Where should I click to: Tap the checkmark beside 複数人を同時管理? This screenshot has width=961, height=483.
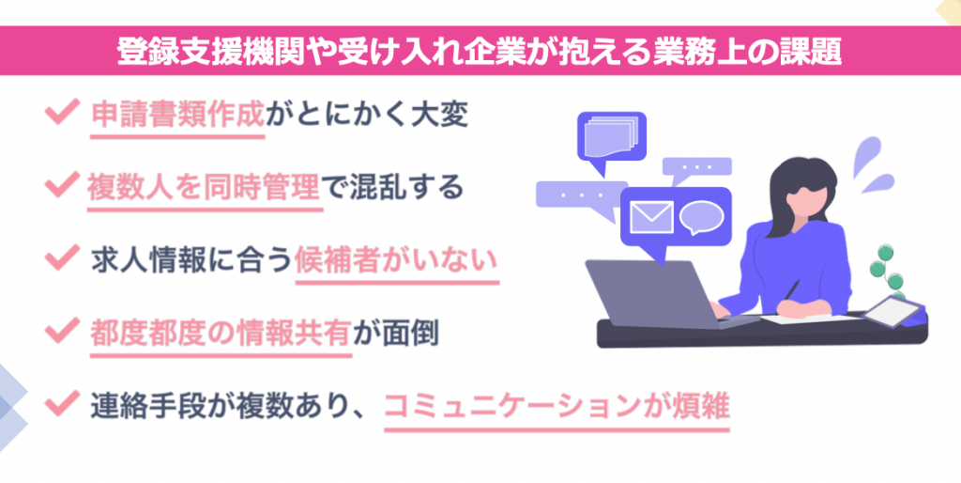[61, 184]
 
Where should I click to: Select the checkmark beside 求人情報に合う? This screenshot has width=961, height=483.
[61, 257]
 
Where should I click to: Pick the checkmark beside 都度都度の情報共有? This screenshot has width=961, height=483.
[61, 330]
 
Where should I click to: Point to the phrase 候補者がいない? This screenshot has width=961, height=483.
[395, 257]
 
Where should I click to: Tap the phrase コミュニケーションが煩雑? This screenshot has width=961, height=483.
[557, 406]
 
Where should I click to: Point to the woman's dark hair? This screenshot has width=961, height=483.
[796, 180]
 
